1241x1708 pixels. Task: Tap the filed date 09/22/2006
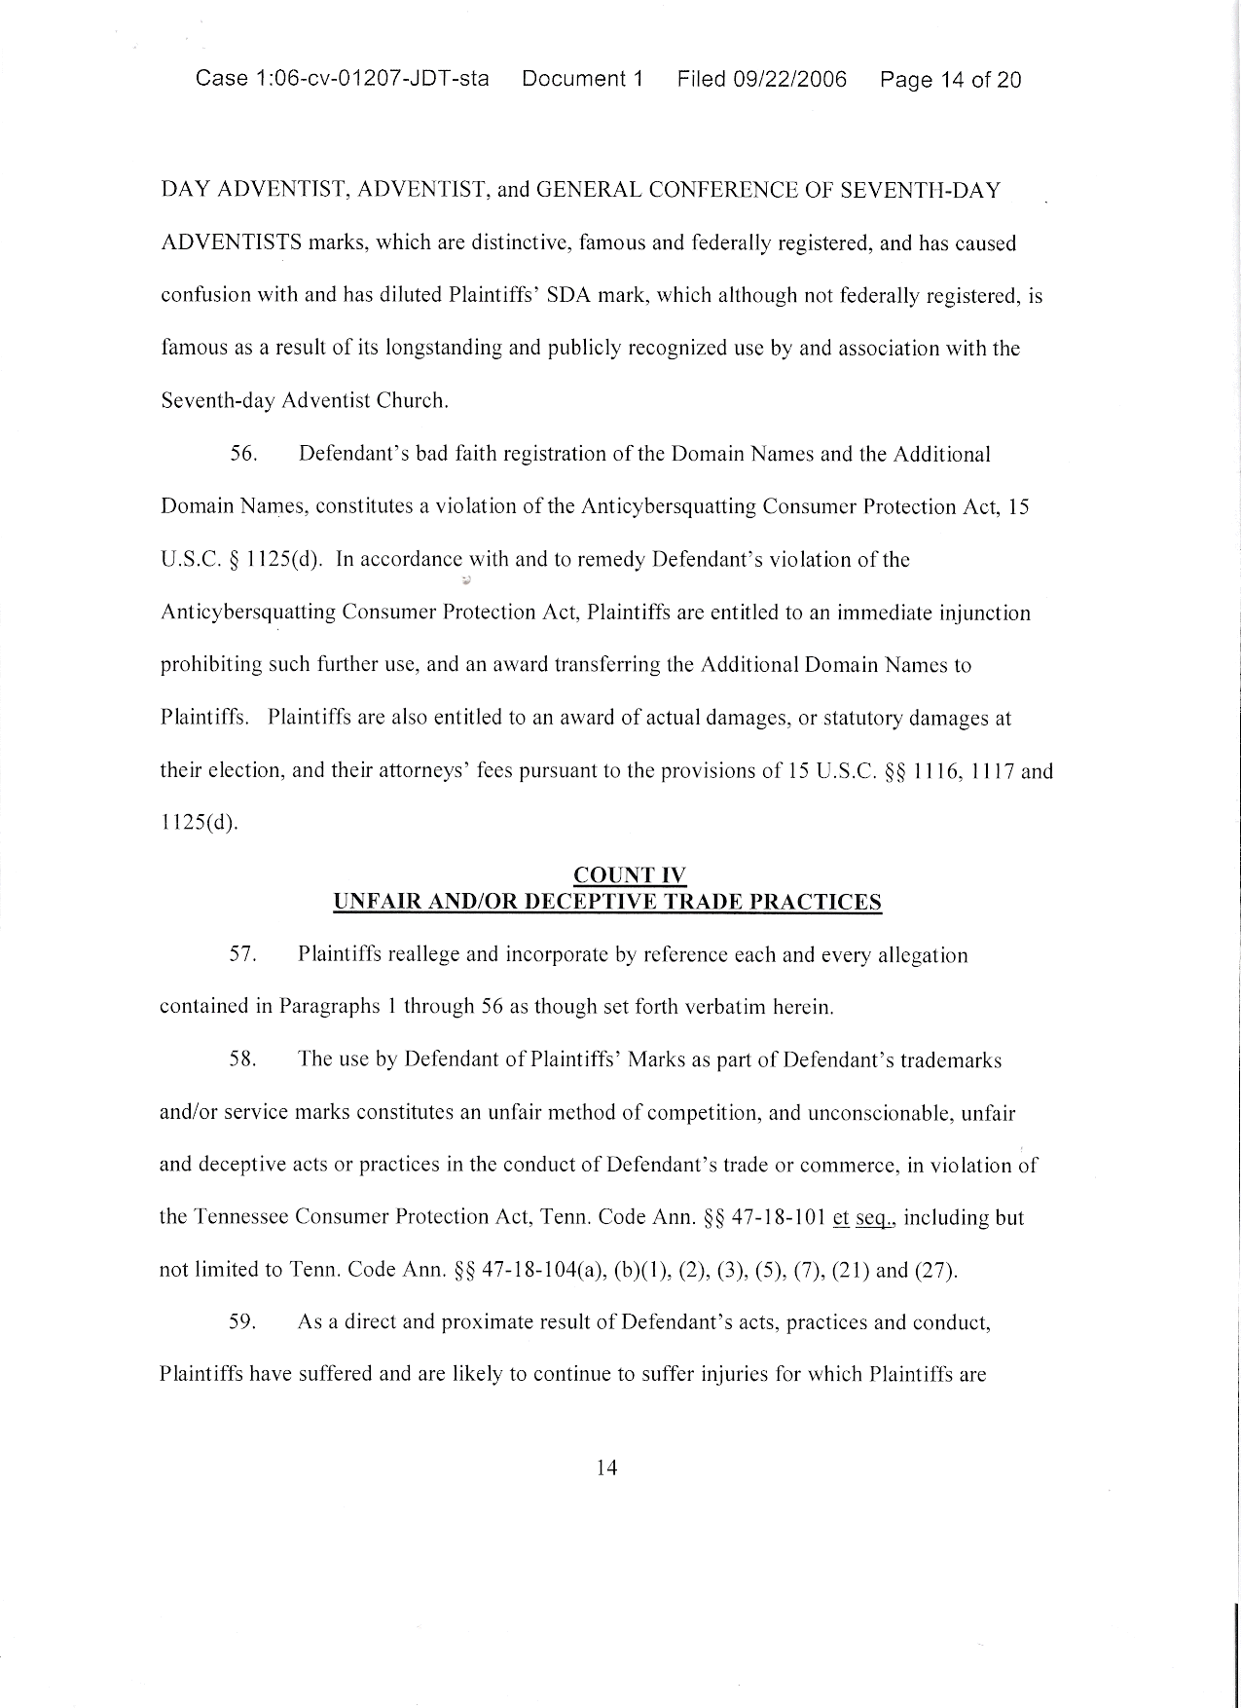point(789,79)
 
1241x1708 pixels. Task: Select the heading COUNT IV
point(632,875)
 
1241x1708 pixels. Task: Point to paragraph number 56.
point(242,455)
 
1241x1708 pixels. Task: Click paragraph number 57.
point(242,955)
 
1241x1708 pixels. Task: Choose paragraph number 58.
point(242,1060)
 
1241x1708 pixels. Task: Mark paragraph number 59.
point(242,1323)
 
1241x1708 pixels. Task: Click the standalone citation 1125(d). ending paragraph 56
point(199,823)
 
